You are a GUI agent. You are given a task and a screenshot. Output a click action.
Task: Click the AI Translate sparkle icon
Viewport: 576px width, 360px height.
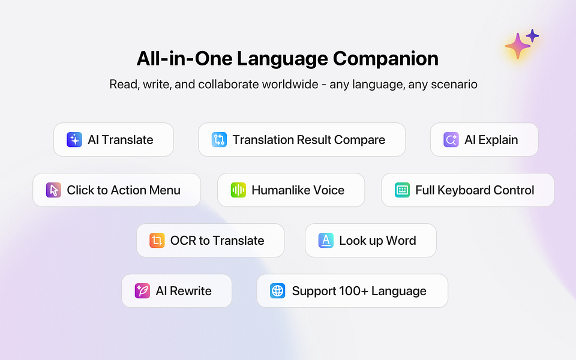pos(74,140)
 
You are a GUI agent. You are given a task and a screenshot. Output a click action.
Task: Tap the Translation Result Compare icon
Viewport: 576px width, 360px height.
pos(219,140)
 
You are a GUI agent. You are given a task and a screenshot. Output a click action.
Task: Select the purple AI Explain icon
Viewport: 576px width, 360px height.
pos(451,140)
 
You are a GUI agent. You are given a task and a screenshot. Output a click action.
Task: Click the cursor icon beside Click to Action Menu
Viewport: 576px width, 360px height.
pos(53,190)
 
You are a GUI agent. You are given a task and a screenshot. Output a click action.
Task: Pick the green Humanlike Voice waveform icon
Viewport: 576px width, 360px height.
pos(238,190)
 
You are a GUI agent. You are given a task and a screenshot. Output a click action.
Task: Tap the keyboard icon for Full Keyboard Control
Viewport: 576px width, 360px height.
pos(402,190)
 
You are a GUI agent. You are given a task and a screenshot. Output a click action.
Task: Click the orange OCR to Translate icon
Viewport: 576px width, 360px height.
pos(157,241)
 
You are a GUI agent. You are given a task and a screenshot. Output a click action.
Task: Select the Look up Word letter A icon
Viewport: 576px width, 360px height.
pos(326,241)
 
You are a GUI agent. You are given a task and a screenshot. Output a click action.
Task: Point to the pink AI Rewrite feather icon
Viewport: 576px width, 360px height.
pos(142,291)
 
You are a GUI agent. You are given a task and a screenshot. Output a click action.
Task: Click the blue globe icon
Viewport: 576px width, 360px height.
pos(277,291)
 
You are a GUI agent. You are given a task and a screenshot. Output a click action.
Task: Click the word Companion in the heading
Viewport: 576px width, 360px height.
pos(386,59)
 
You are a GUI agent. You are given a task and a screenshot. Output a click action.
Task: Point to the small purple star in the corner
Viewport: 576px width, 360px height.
pos(532,36)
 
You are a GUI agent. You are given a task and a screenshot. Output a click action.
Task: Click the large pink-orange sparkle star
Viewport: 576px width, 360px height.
pos(518,46)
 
